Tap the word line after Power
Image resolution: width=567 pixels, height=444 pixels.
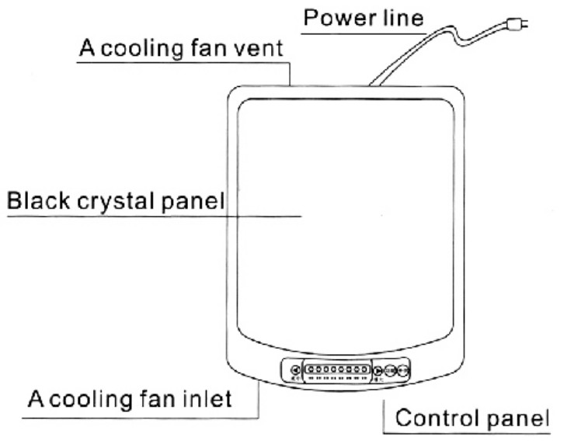click(398, 18)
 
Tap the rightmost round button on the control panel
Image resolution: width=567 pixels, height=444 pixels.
click(402, 371)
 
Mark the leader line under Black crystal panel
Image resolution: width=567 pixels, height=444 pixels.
click(155, 217)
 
